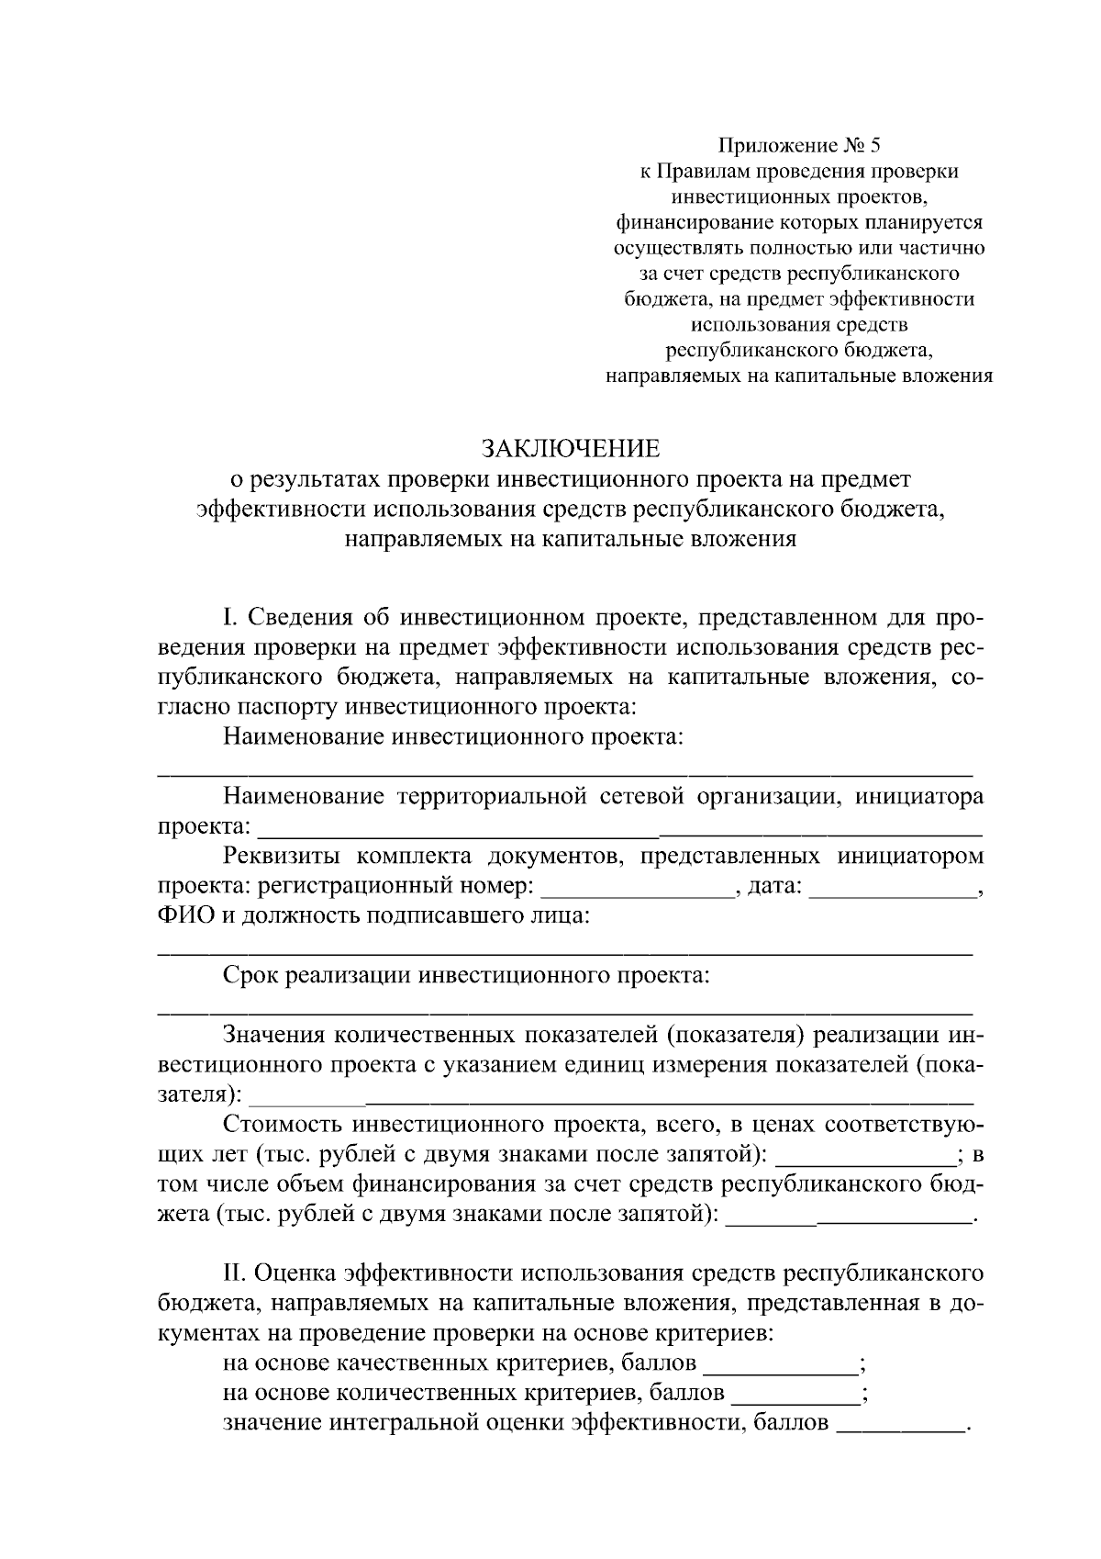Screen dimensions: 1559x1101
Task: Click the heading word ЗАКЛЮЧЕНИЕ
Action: [x=571, y=449]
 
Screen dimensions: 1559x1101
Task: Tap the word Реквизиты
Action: [x=284, y=857]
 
